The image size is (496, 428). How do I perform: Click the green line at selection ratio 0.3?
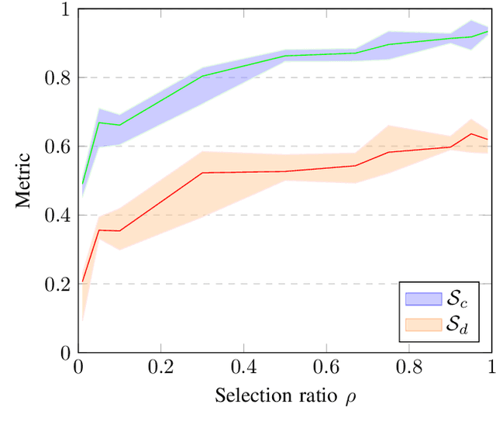click(x=201, y=76)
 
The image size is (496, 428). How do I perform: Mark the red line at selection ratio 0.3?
click(x=201, y=173)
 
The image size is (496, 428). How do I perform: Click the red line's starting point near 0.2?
click(x=82, y=281)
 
